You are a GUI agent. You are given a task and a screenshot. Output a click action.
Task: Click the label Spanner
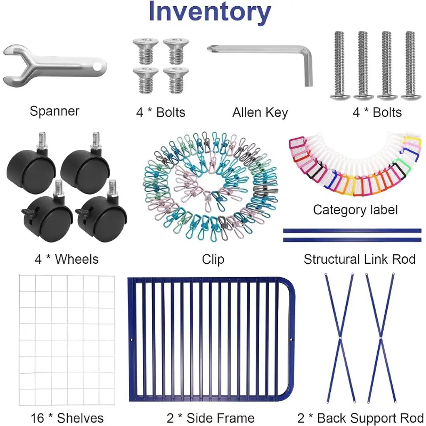[54, 111]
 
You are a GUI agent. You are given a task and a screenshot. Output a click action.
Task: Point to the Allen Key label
[260, 112]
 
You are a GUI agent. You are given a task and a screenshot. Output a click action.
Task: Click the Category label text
[355, 209]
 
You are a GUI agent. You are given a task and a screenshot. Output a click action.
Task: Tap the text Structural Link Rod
[359, 259]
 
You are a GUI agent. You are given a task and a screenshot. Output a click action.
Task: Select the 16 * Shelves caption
[67, 417]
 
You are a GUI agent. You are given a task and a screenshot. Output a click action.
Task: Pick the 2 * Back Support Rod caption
[360, 417]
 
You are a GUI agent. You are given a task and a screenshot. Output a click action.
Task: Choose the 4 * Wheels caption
[67, 259]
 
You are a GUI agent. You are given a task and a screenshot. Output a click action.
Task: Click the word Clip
[213, 259]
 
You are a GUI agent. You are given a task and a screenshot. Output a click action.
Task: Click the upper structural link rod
[352, 230]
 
